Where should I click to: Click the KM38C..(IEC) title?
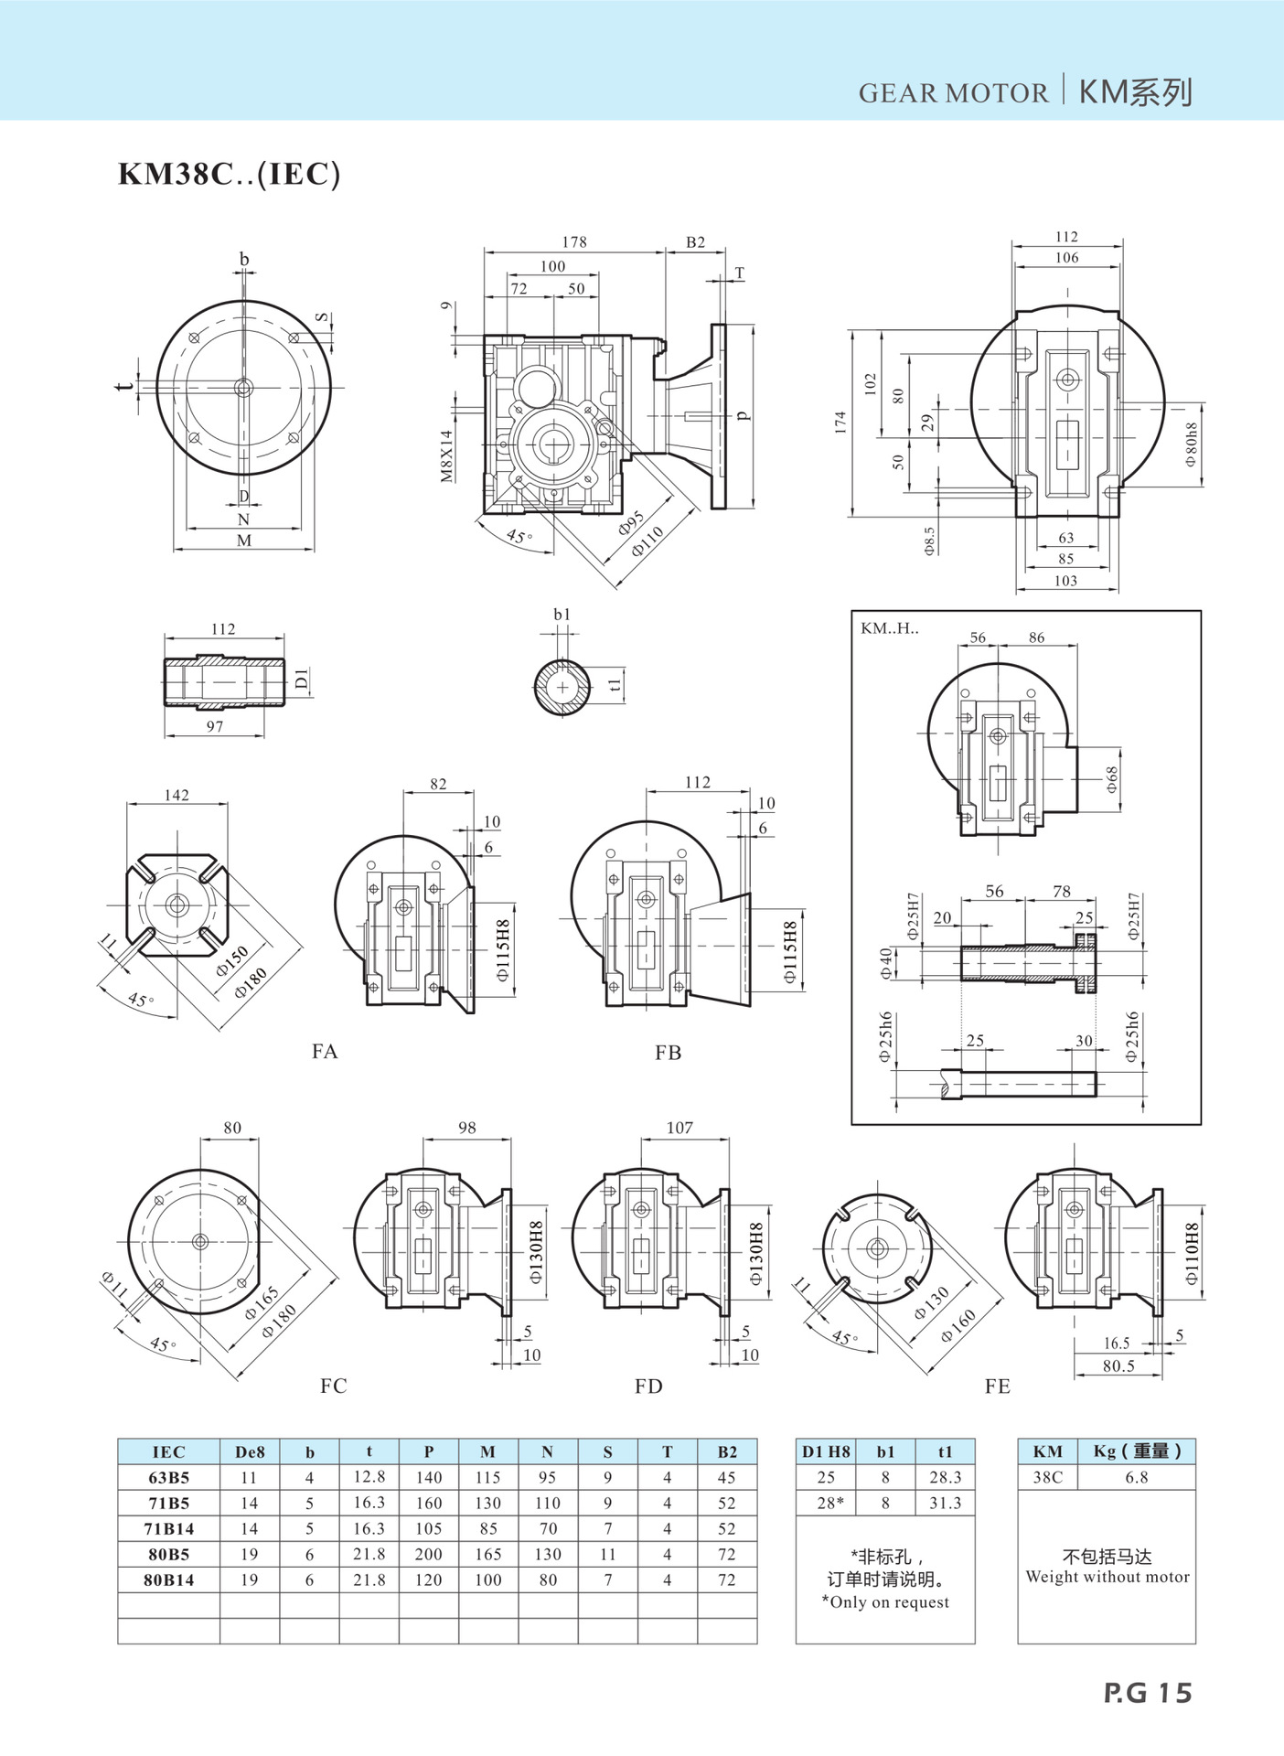[229, 174]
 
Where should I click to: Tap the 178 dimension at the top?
[574, 241]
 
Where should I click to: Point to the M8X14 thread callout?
[446, 456]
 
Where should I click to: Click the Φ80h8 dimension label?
[1191, 444]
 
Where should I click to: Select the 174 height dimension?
[840, 423]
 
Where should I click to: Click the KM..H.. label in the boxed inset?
[890, 628]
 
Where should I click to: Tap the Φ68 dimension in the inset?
[1111, 779]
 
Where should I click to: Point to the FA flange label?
[325, 1052]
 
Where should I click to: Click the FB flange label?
[669, 1053]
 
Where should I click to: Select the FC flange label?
[334, 1386]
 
